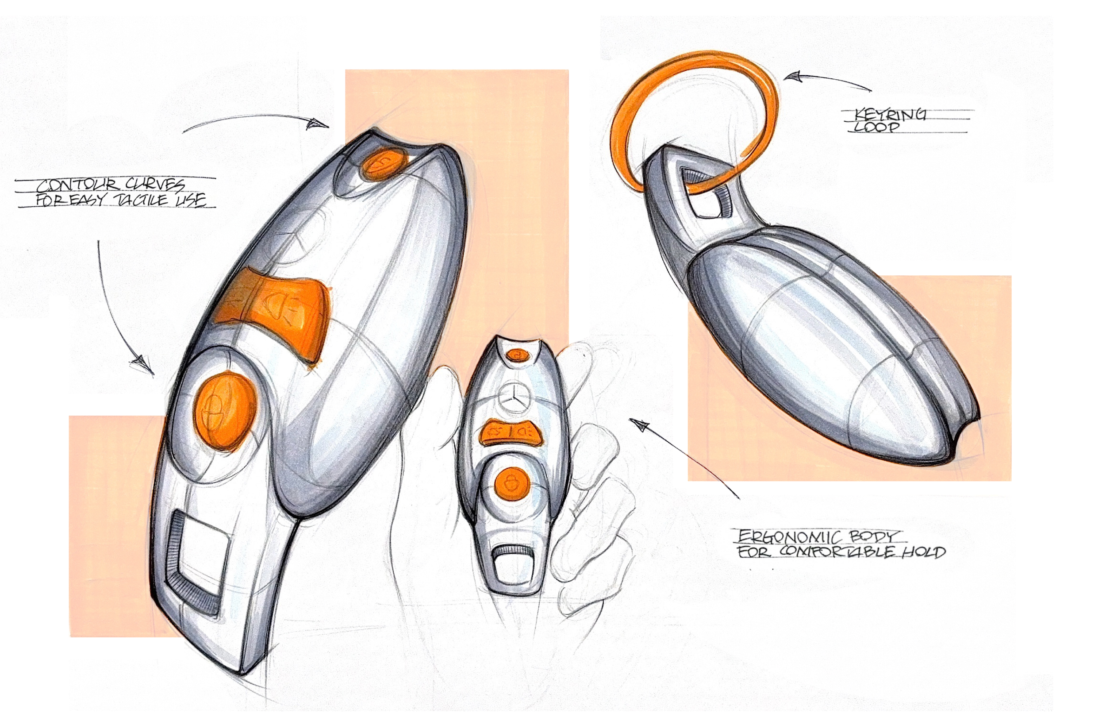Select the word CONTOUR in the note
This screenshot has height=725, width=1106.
tap(77, 185)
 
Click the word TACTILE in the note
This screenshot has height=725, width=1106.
tap(141, 200)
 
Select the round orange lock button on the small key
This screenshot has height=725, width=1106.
tap(511, 483)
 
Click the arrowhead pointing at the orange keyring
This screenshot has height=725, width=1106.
tap(793, 77)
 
